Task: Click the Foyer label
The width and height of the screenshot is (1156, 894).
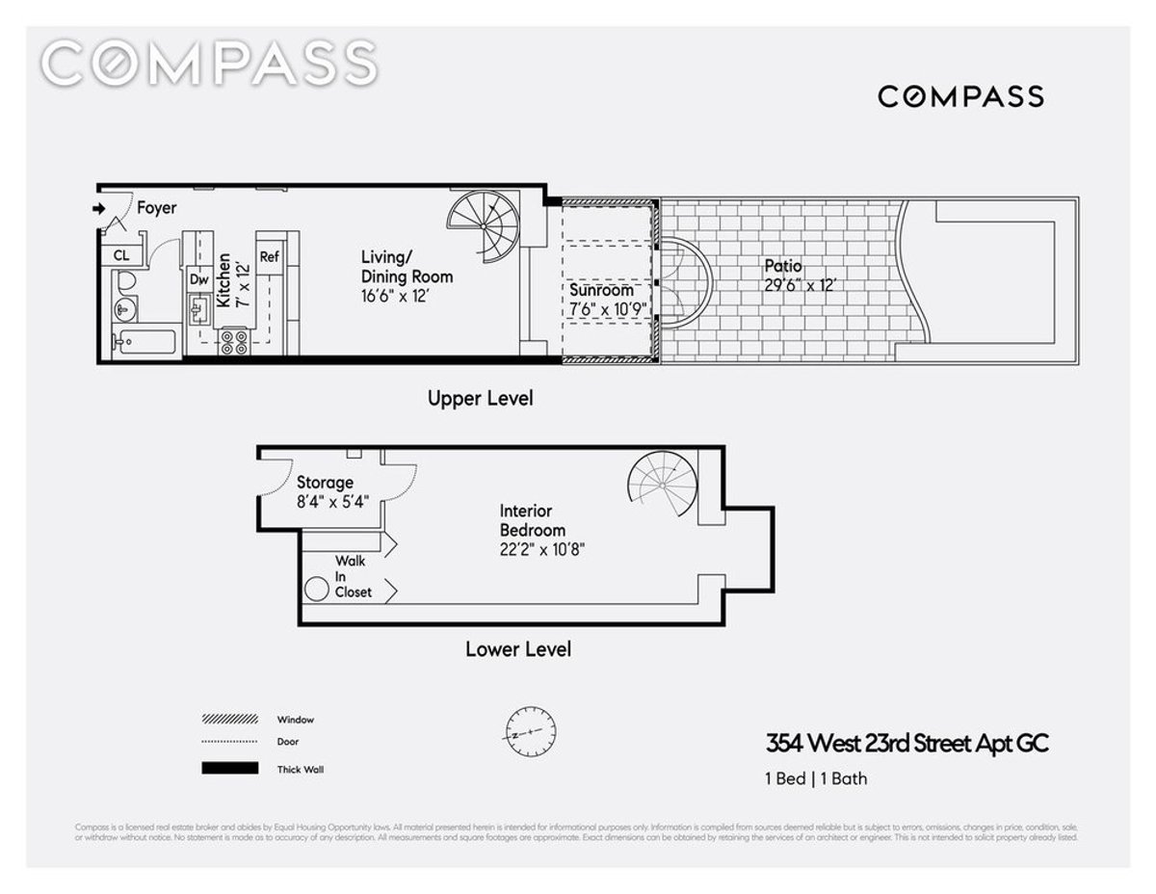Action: click(156, 207)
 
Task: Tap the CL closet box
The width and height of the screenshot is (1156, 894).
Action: click(121, 255)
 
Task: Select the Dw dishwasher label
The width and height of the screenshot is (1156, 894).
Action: click(199, 279)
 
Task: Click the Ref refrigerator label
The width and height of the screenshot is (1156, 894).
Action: click(270, 257)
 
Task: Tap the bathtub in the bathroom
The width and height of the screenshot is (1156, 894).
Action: click(144, 342)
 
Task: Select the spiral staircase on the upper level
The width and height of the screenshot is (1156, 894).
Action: click(488, 227)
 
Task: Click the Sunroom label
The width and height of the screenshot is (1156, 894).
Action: click(601, 290)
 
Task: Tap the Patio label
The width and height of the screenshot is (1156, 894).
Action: click(783, 266)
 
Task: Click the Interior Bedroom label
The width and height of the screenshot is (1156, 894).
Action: click(532, 520)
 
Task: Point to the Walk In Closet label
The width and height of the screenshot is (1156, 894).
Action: click(353, 576)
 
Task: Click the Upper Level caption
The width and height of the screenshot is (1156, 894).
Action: click(480, 398)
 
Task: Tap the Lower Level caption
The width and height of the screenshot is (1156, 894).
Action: click(517, 649)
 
